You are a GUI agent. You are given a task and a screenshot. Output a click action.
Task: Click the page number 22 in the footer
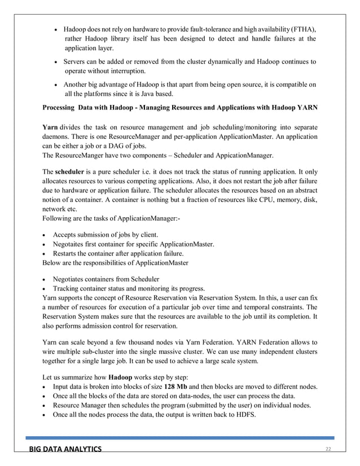[x=327, y=449]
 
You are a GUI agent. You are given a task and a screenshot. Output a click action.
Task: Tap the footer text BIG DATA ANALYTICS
[x=66, y=449]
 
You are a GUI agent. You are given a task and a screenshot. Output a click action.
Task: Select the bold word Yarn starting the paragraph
[x=50, y=127]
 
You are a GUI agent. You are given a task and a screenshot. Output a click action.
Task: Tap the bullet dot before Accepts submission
[x=45, y=235]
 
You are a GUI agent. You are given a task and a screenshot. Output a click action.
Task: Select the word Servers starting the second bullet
[x=77, y=61]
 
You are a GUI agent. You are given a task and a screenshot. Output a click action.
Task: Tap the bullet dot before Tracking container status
[x=45, y=288]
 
